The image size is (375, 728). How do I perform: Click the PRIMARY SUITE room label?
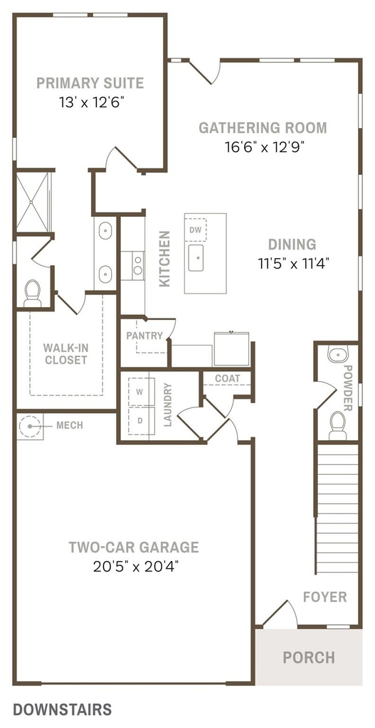pyautogui.click(x=90, y=83)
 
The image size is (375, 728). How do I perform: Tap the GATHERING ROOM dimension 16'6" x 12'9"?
pyautogui.click(x=263, y=146)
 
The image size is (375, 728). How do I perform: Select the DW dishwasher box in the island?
pyautogui.click(x=195, y=230)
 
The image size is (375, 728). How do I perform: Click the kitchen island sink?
pyautogui.click(x=196, y=257)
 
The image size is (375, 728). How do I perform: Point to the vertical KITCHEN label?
pyautogui.click(x=164, y=259)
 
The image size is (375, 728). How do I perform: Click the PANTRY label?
pyautogui.click(x=144, y=336)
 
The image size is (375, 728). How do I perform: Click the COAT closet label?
pyautogui.click(x=227, y=378)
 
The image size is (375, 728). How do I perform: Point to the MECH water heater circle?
pyautogui.click(x=30, y=426)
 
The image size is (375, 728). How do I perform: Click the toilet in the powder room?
pyautogui.click(x=338, y=425)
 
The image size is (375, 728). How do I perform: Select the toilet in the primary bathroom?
pyautogui.click(x=33, y=293)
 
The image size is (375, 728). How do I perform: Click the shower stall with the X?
pyautogui.click(x=32, y=202)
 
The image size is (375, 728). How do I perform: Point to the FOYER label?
pyautogui.click(x=324, y=596)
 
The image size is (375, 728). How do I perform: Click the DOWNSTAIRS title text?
pyautogui.click(x=63, y=710)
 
